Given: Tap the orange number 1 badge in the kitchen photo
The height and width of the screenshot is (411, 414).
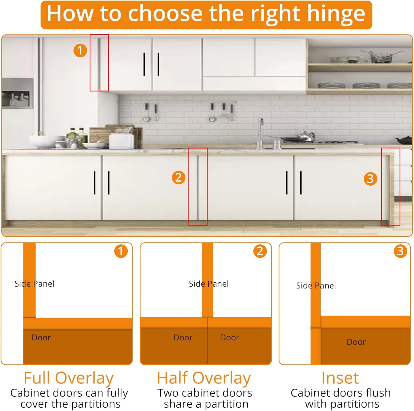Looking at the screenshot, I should (x=80, y=50).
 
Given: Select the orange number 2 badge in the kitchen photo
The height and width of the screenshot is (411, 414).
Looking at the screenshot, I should (x=179, y=177).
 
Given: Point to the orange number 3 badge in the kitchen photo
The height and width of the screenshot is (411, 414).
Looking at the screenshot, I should (x=370, y=179).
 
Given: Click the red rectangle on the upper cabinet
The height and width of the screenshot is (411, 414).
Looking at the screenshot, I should (x=99, y=63).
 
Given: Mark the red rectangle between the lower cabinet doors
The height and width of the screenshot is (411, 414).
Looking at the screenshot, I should (x=198, y=186).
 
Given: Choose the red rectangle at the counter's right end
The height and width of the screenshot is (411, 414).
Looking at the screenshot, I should (x=391, y=186).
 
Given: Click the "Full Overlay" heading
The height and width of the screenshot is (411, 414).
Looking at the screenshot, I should (x=68, y=378).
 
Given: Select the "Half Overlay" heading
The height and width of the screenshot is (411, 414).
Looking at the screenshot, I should (x=204, y=378).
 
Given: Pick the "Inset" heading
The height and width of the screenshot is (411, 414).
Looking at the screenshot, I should (x=340, y=378).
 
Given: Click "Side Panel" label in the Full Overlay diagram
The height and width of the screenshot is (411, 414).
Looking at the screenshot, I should (x=34, y=284).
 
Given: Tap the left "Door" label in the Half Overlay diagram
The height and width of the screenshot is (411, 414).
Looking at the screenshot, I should (x=183, y=338).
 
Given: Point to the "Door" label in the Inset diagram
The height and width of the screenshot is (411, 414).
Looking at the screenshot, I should (x=356, y=342).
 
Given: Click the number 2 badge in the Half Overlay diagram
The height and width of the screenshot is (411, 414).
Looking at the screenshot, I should (x=260, y=251).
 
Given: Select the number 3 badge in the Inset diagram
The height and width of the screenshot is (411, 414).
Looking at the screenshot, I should (x=400, y=251).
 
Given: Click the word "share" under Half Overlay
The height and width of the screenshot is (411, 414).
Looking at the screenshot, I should (x=178, y=404).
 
